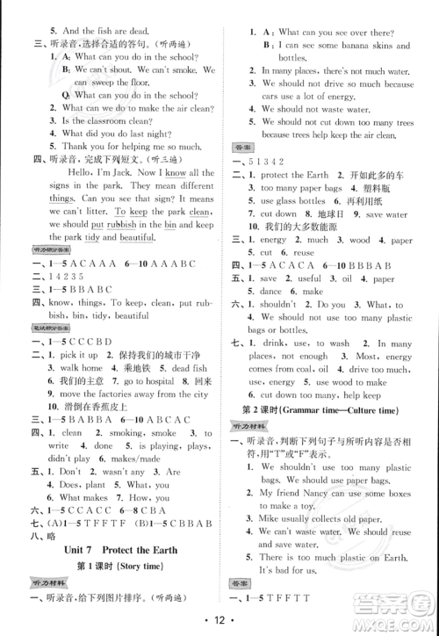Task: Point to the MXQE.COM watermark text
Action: click(399, 625)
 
